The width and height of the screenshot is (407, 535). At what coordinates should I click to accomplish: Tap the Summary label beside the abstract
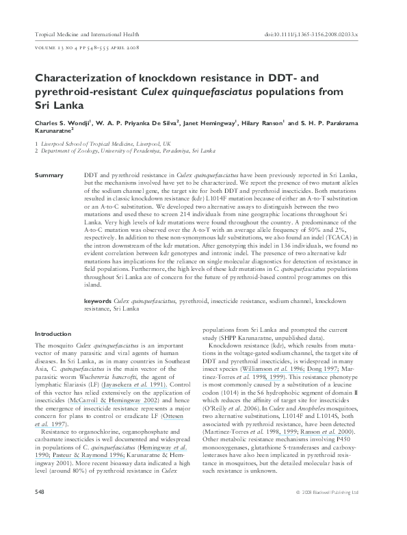(49, 176)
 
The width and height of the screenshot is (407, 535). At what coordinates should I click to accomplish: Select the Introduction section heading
(53, 333)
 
